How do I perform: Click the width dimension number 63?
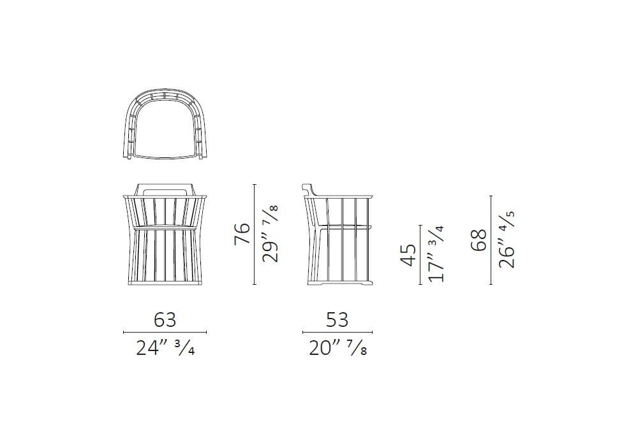[x=165, y=320]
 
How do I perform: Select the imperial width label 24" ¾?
[x=165, y=348]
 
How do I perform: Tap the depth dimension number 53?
[x=338, y=320]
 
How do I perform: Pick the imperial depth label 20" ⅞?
[x=338, y=348]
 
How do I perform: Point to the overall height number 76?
[x=242, y=234]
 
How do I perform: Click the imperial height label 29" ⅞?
[x=270, y=234]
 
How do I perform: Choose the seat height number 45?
[x=408, y=255]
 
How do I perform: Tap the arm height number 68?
[x=479, y=240]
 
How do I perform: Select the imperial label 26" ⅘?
[x=507, y=240]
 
